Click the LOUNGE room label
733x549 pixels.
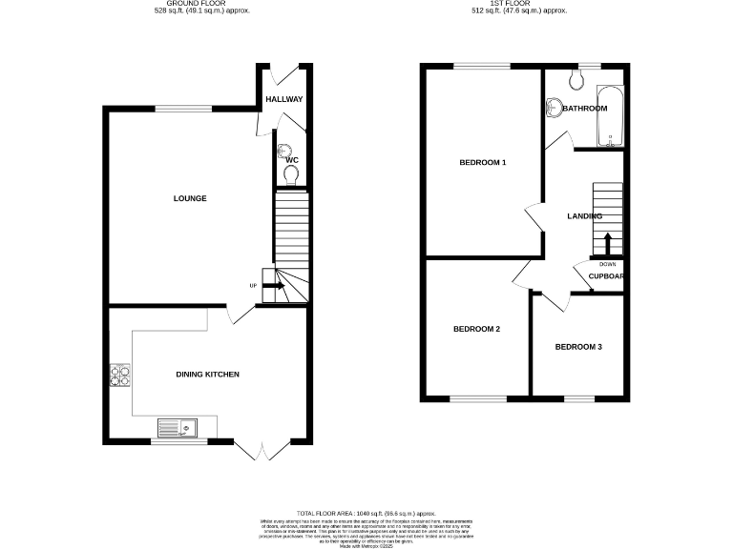click(190, 198)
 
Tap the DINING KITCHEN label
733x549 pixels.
click(207, 374)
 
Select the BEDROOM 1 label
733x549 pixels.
click(482, 162)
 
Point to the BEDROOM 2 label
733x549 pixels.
click(476, 329)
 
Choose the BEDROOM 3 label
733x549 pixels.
click(578, 347)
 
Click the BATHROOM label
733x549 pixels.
click(584, 109)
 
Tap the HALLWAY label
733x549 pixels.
click(283, 99)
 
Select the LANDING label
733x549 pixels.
click(584, 216)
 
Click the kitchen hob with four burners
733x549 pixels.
click(120, 376)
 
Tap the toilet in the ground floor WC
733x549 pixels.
click(291, 173)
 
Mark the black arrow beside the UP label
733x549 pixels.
click(270, 285)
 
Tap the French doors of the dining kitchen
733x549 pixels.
click(259, 451)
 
